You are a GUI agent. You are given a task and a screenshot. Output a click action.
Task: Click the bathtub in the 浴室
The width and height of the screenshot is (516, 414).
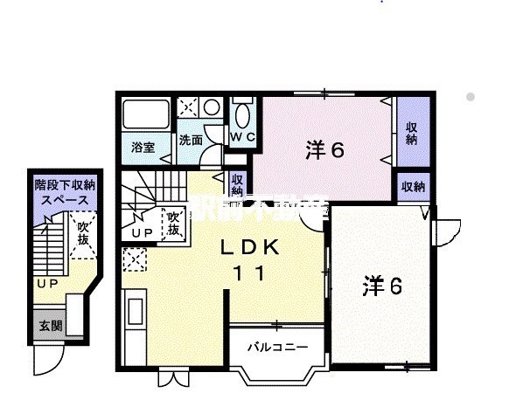click(144, 114)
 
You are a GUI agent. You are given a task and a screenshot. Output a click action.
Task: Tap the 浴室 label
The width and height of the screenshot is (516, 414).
click(143, 148)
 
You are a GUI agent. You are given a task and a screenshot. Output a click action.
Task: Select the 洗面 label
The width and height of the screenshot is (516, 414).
click(191, 141)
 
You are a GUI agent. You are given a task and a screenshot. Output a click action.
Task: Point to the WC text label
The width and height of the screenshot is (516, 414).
click(241, 138)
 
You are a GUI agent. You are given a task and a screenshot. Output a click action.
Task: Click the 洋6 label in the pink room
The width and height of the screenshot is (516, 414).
click(324, 149)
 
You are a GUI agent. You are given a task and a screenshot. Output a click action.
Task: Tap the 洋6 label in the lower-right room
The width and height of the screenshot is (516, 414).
click(382, 287)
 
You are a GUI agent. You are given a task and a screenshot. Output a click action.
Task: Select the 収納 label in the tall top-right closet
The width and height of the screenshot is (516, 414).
click(411, 132)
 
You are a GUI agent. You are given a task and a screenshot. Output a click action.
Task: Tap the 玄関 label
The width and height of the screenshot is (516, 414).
click(50, 326)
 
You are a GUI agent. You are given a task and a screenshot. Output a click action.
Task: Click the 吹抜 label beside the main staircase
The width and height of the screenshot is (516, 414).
click(174, 224)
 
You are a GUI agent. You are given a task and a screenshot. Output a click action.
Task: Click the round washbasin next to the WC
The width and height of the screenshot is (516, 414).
click(212, 107)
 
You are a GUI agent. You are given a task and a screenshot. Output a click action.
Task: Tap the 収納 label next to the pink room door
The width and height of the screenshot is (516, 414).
click(236, 184)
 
